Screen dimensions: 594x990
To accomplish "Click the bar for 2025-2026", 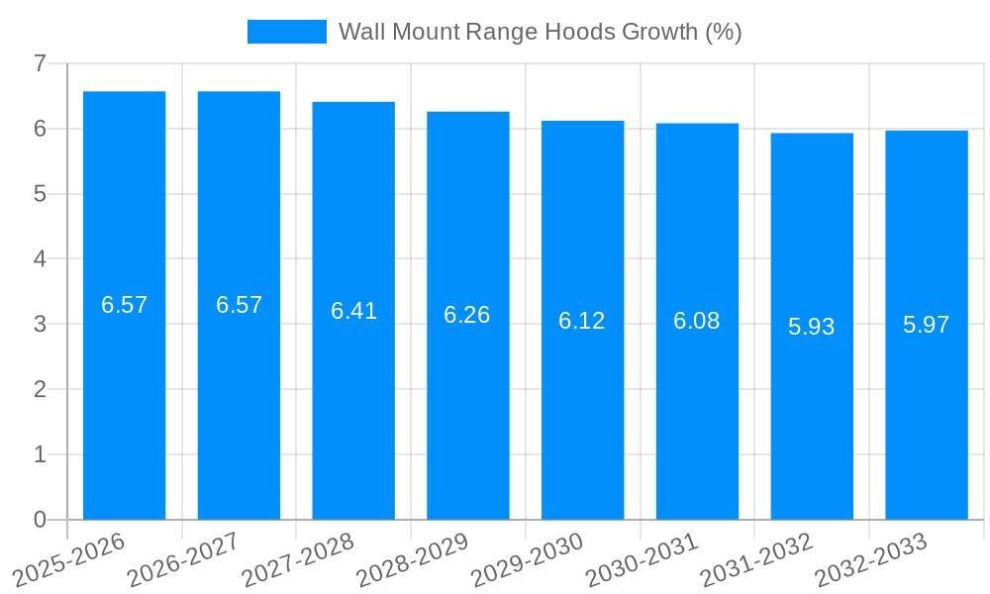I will (124, 396).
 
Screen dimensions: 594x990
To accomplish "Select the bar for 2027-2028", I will (353, 416).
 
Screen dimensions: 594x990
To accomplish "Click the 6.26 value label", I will (467, 315).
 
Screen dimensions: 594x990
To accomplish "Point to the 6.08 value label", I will (697, 321).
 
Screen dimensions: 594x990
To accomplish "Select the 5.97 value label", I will (927, 325).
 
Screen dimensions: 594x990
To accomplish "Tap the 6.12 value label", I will (582, 321).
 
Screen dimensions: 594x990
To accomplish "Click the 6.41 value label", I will (353, 311).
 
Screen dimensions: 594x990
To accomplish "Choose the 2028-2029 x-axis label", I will (412, 558).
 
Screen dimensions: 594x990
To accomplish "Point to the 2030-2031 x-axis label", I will (642, 558).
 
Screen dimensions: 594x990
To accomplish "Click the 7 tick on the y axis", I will (40, 63).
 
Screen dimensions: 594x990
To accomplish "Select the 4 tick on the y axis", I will (40, 259).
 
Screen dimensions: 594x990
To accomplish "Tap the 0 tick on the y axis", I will (40, 520).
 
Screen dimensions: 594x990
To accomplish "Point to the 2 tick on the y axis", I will (40, 389).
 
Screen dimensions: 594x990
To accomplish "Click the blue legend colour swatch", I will (286, 32).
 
